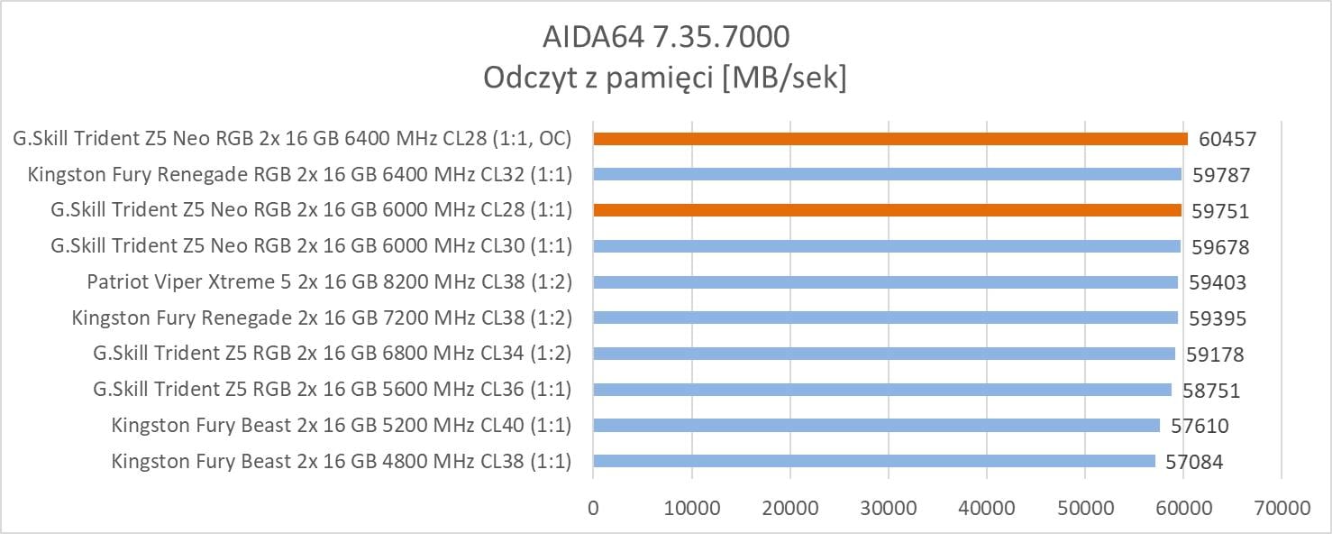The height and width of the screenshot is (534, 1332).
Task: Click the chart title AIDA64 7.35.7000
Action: point(666,36)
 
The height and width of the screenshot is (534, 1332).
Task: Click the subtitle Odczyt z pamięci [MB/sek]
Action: point(665,78)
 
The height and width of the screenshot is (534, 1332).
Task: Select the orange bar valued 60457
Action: point(890,139)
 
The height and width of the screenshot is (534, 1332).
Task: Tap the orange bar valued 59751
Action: point(888,210)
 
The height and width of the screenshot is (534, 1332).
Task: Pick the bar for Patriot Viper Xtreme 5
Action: point(886,282)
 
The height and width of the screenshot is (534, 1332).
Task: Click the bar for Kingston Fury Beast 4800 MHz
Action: point(874,461)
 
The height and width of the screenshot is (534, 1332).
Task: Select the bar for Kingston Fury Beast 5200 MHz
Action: point(877,425)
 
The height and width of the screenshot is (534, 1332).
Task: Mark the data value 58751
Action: point(1210,391)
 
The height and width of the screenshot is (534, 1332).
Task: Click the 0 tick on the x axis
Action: point(593,508)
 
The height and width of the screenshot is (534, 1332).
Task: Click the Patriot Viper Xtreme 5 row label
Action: point(329,282)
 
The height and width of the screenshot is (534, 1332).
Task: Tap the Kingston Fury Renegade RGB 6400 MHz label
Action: point(299,174)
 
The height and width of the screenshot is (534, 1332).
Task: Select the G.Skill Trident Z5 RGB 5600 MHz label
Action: point(332,390)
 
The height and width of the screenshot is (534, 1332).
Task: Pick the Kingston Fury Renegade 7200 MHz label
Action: point(321,318)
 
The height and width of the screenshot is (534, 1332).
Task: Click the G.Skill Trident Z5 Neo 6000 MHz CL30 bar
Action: point(887,246)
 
